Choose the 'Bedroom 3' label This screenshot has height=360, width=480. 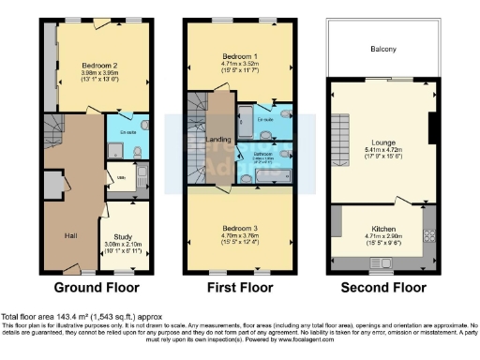coord(236,228)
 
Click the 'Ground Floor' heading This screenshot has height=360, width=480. coord(97,287)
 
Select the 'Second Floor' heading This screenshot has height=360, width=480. coord(382,287)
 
